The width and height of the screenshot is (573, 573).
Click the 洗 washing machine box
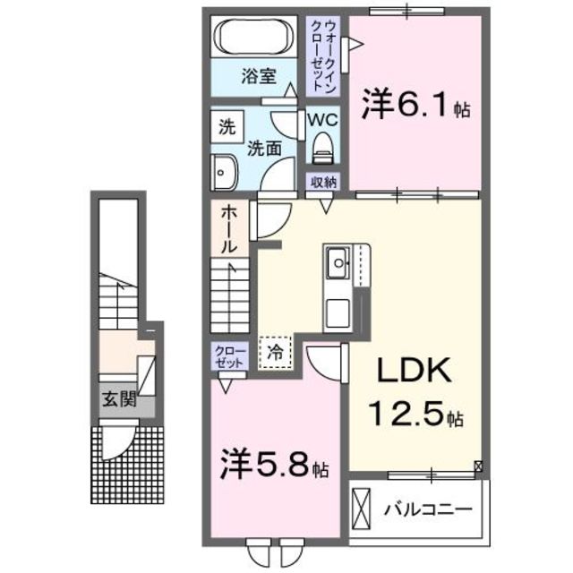click(x=226, y=127)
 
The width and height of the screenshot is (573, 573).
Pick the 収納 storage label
click(x=323, y=182)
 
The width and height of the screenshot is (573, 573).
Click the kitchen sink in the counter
click(x=338, y=263)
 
